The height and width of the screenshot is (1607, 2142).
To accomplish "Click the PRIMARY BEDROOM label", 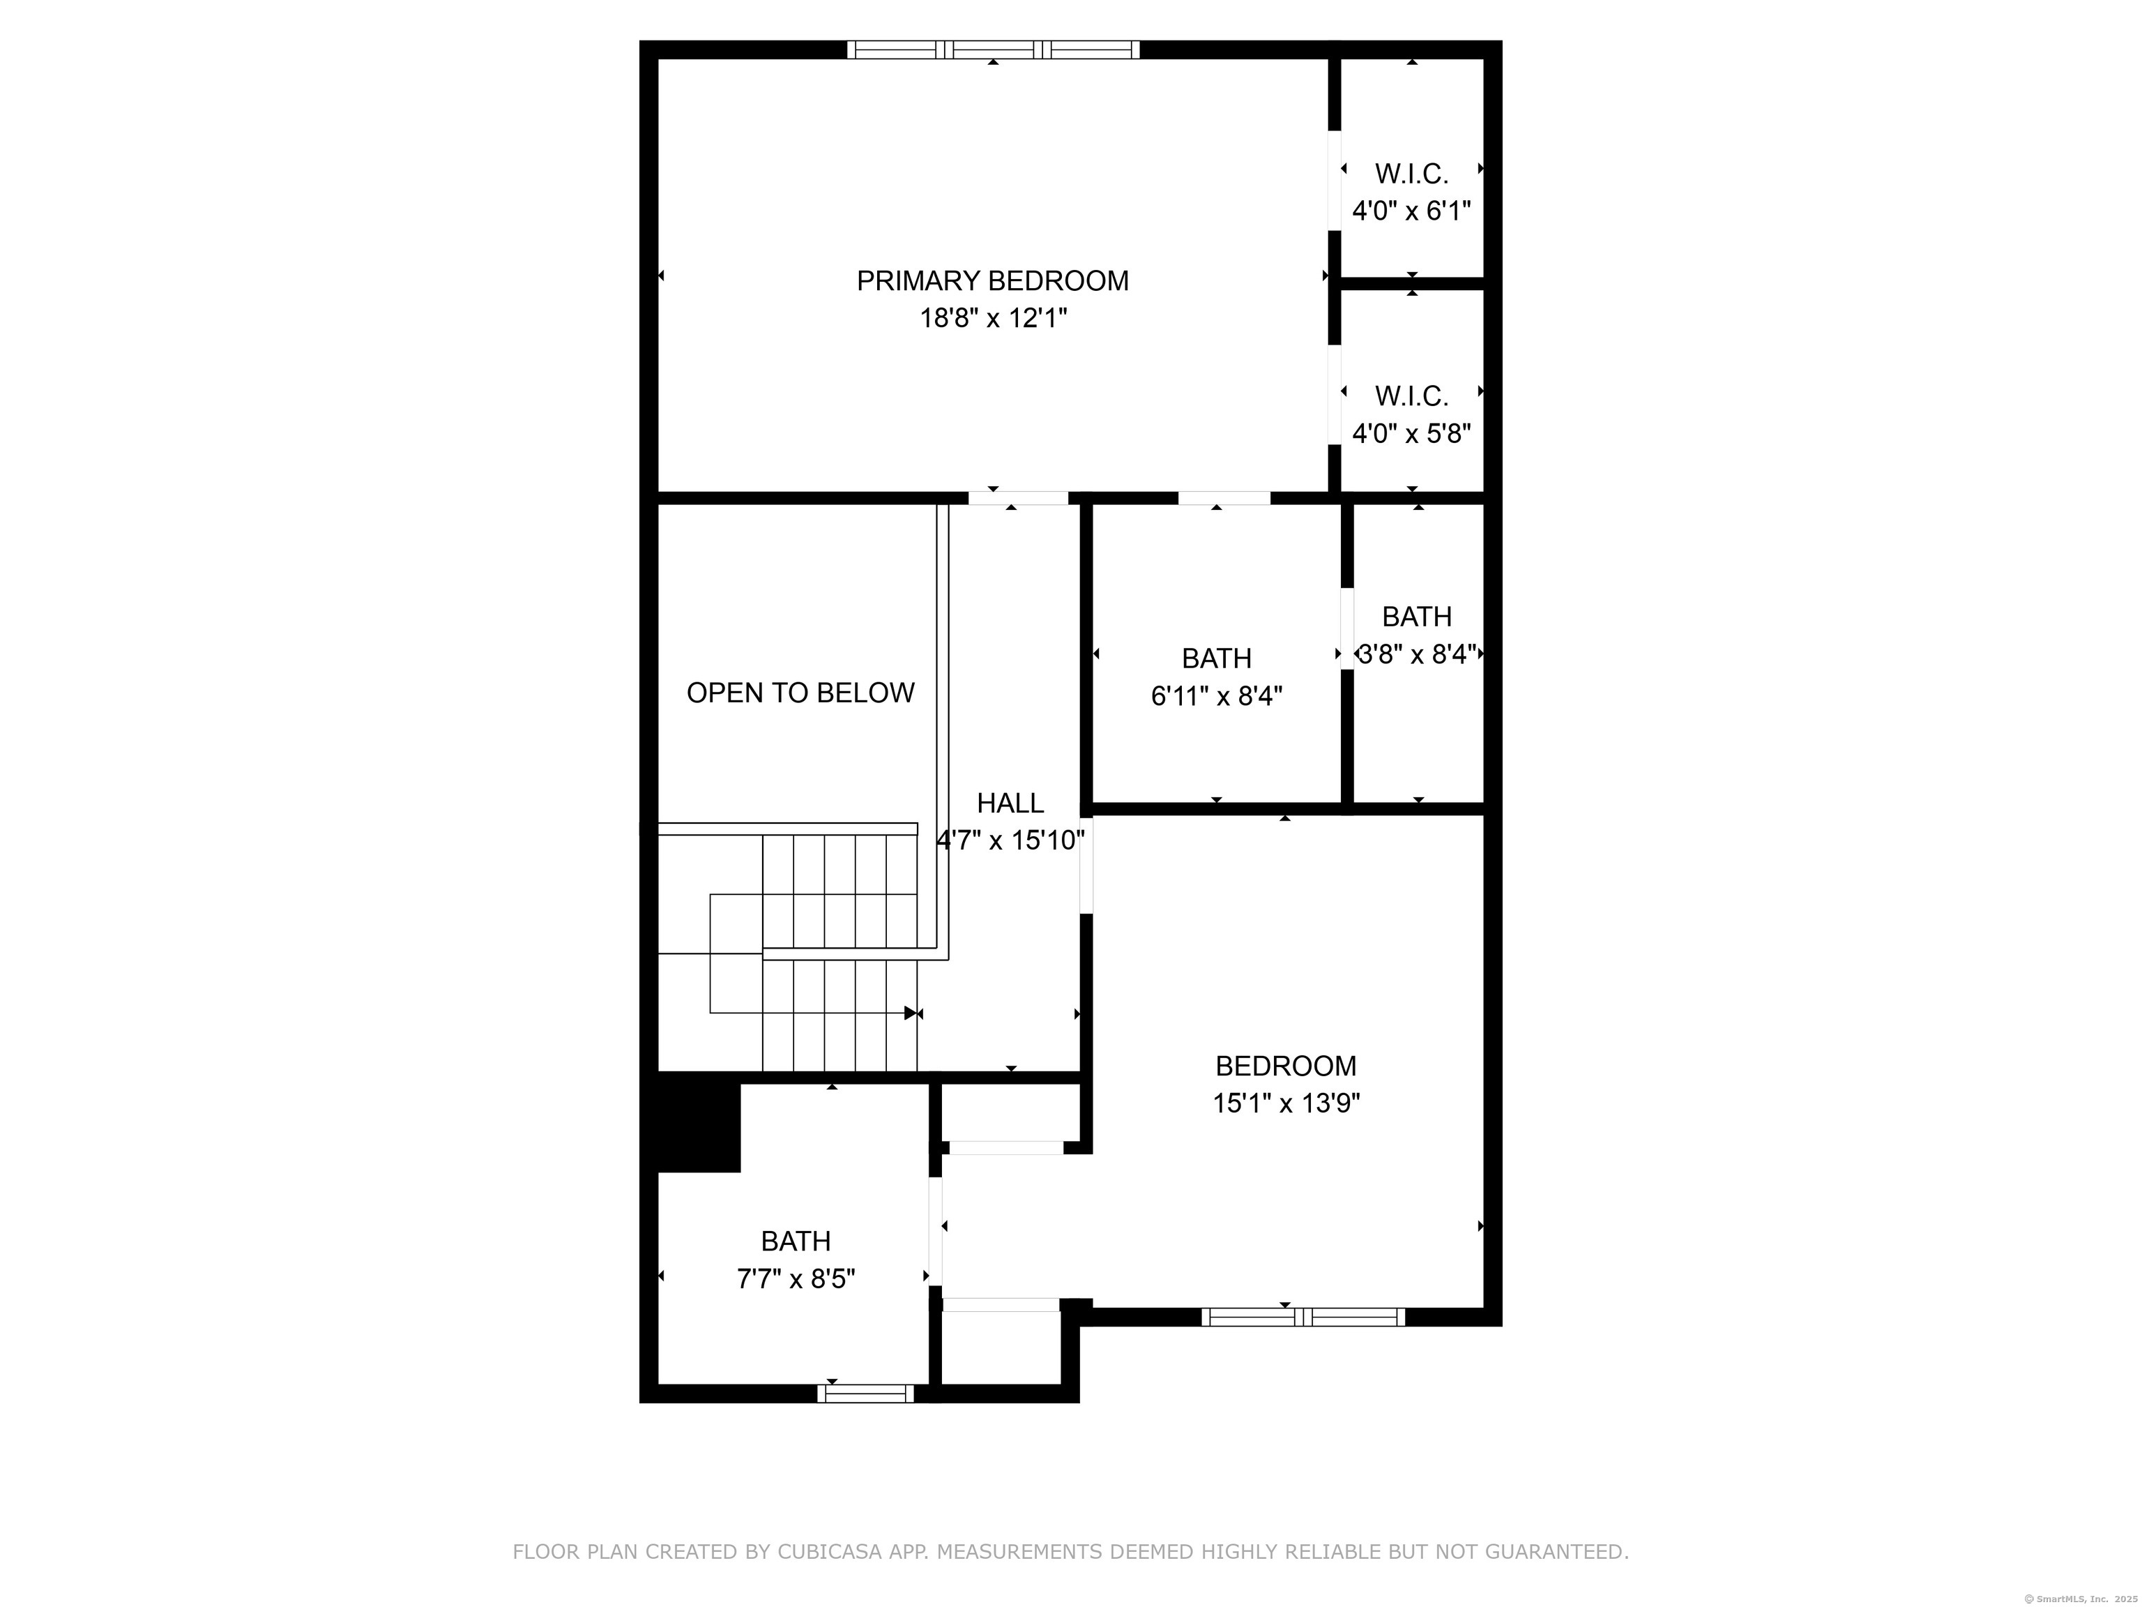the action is coord(993,281).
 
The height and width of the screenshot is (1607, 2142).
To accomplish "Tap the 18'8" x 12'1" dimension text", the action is coord(993,318).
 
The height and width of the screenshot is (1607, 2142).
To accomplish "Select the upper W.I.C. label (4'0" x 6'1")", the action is coord(1412,174).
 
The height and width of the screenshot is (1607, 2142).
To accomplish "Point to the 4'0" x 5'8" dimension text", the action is coord(1412,433).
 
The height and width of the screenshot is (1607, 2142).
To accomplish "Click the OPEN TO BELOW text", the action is coord(801,693).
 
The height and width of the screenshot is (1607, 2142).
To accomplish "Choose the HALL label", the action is coord(1010,803).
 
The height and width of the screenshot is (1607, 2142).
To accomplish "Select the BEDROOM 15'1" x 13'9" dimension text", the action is coord(1286,1103).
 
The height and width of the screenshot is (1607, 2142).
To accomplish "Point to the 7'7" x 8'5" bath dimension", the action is coord(796,1280).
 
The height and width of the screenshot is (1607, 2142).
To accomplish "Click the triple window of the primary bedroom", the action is coord(994,50).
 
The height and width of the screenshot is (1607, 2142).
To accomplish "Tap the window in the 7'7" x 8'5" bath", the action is coord(866,1394).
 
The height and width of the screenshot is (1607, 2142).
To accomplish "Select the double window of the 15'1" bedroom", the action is coord(1303,1316).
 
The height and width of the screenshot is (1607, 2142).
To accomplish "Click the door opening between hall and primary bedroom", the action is coord(1018,498).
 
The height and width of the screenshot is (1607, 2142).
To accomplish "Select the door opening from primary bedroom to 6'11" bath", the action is coord(1224,498).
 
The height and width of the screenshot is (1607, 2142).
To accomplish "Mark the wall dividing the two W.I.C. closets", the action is coord(1412,283).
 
